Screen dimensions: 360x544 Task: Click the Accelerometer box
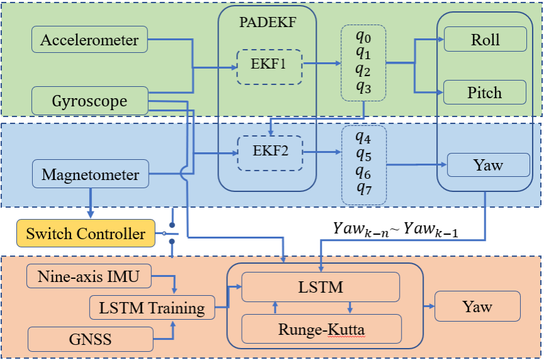[89, 40]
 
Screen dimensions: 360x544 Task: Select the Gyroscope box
[89, 101]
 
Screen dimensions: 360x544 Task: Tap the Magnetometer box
[89, 174]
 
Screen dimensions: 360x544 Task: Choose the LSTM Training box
[152, 308]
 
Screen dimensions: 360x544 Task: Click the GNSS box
[90, 339]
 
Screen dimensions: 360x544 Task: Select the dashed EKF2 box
[269, 151]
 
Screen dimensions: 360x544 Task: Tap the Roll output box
[485, 40]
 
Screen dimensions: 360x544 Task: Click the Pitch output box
[485, 93]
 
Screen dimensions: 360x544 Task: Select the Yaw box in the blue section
[487, 165]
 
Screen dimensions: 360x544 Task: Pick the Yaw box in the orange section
[477, 307]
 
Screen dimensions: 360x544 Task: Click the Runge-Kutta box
[321, 329]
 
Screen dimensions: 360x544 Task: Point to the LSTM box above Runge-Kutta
[321, 287]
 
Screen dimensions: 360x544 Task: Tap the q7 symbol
[362, 188]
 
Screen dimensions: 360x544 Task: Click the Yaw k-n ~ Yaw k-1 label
[395, 230]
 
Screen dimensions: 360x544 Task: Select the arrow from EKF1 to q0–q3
[321, 64]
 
